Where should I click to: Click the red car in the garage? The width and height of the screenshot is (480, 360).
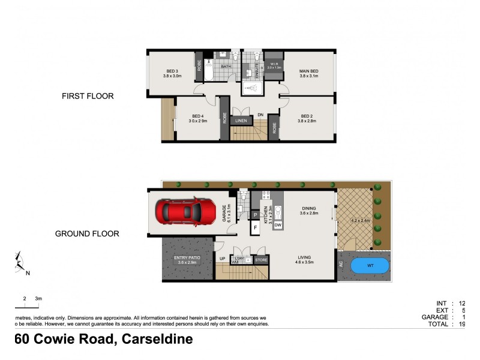[185, 211]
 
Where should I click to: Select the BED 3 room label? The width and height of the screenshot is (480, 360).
[172, 74]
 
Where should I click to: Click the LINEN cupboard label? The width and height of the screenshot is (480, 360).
[241, 120]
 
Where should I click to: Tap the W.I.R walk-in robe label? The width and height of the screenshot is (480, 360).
[273, 66]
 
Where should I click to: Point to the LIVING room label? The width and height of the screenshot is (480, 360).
[306, 260]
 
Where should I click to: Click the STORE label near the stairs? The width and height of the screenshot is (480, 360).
[261, 260]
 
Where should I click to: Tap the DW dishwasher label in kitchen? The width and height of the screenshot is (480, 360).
[278, 224]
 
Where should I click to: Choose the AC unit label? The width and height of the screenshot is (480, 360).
[341, 265]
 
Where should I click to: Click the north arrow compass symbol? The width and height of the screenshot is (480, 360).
[20, 262]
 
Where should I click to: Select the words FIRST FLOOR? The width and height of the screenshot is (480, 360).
[88, 96]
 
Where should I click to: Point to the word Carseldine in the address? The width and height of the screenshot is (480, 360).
[157, 340]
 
